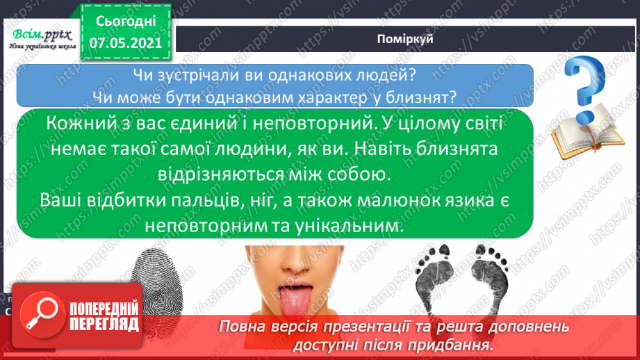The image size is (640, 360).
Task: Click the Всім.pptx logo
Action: [x=41, y=35]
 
